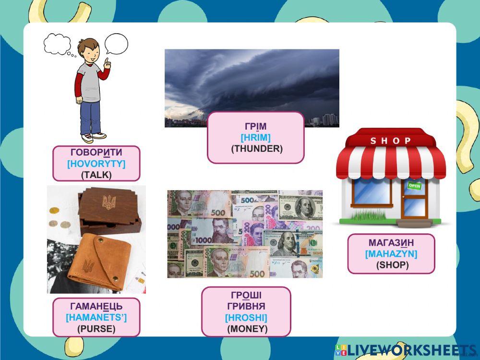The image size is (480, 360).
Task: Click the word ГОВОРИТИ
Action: coord(96,152)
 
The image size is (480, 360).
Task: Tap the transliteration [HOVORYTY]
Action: coord(96,164)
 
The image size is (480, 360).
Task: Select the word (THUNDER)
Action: coord(257,149)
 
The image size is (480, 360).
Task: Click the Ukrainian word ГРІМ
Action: coord(256,126)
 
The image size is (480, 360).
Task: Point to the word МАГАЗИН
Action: coord(391,243)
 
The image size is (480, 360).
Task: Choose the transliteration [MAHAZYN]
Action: coord(391,254)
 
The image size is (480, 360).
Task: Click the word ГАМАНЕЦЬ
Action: coord(96,306)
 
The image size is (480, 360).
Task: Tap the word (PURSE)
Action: coord(96,329)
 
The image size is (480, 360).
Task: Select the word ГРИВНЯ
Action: coord(246,306)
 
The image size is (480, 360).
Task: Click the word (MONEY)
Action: coord(247,329)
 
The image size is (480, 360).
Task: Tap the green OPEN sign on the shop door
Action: coord(415,185)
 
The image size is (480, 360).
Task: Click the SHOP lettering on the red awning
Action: coord(391,141)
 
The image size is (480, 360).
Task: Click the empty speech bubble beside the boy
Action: coord(116,44)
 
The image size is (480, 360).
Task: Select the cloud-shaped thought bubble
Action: coord(57,44)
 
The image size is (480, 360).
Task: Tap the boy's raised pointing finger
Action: coord(107,60)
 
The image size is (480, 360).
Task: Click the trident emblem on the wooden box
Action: coord(109,202)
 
